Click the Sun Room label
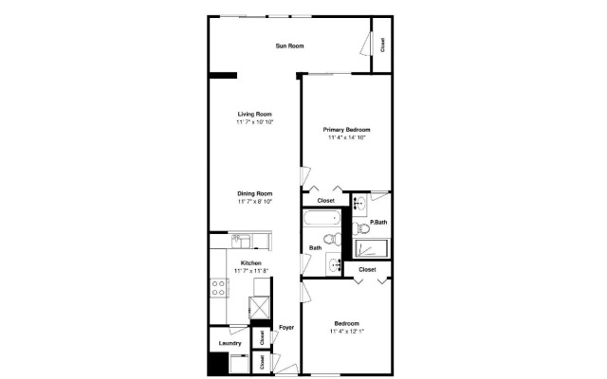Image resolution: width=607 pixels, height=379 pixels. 289,45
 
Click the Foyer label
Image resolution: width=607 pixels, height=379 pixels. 286,328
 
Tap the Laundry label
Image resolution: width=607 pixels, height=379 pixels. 230,343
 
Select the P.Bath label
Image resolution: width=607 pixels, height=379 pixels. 377,223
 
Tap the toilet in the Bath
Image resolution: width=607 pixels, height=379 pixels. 331,239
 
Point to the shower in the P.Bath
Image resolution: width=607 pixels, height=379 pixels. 372,249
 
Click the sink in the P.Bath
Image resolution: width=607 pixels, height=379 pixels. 359,203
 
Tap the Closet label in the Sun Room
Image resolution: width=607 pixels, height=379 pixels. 382,45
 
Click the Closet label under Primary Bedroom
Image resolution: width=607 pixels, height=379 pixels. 325,201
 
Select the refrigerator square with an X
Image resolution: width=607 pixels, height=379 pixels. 259,311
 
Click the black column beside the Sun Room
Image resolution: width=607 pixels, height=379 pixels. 223,75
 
